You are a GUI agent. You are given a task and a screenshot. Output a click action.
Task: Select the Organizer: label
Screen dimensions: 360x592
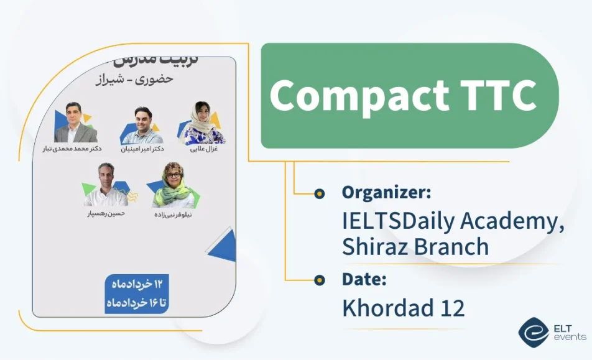(x=386, y=193)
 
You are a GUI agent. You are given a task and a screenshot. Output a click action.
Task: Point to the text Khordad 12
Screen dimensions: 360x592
(x=403, y=307)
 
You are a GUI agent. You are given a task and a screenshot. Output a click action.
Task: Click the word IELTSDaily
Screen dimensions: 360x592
(x=398, y=221)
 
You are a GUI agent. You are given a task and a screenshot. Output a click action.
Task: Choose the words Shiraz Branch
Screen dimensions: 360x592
(x=415, y=247)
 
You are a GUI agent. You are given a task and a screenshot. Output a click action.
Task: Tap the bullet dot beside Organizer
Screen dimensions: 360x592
(x=320, y=193)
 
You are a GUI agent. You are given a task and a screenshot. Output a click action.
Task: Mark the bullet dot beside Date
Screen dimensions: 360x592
(x=320, y=280)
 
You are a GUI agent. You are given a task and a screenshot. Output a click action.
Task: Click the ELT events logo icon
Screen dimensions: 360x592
(x=532, y=332)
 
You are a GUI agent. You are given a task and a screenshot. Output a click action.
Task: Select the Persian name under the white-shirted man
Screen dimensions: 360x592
(x=106, y=214)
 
